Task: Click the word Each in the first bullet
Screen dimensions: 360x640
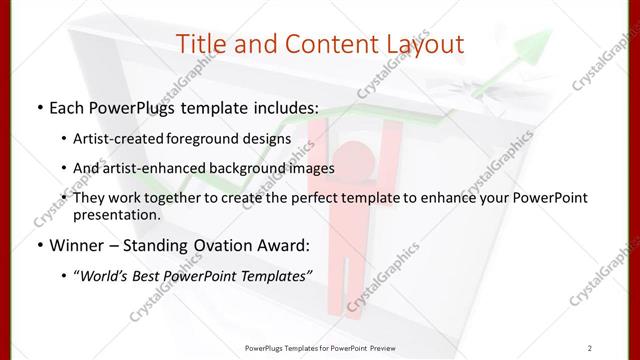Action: (67, 105)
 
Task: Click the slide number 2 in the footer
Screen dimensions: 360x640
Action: (591, 348)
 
